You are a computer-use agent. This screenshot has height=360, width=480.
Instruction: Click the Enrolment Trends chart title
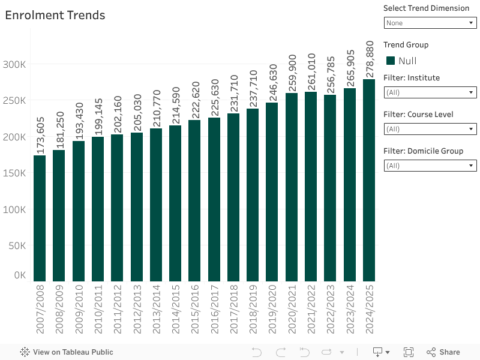(55, 16)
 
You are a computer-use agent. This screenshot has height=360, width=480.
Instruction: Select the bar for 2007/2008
(40, 218)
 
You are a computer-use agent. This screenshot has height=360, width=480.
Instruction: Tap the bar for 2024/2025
(369, 180)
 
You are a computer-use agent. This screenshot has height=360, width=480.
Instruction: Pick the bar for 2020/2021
(292, 187)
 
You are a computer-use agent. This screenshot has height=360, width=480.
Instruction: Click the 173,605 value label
(40, 136)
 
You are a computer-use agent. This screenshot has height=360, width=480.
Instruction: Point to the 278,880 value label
(370, 59)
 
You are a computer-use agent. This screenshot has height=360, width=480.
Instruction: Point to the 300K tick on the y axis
(14, 64)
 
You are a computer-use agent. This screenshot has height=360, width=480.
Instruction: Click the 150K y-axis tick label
(14, 173)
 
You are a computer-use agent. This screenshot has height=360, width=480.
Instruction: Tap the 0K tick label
(20, 275)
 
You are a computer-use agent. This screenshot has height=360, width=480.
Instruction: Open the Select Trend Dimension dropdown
(430, 23)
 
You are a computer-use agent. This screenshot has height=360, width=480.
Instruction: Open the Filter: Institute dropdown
(430, 92)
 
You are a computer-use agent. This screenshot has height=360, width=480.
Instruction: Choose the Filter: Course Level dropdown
(430, 129)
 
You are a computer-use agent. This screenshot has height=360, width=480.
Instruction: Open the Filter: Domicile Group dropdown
(430, 166)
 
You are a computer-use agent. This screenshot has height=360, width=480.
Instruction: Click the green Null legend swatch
(391, 61)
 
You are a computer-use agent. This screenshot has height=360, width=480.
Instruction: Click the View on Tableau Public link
(67, 352)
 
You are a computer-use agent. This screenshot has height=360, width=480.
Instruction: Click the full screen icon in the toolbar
(409, 352)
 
